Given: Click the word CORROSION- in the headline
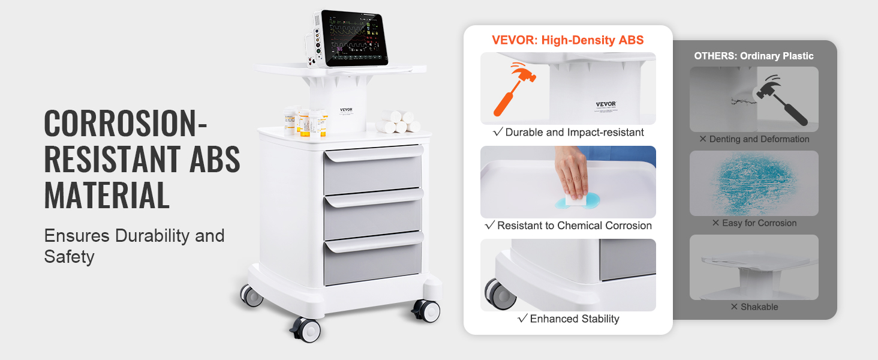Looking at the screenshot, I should (125, 124).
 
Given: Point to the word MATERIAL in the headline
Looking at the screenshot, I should (107, 195).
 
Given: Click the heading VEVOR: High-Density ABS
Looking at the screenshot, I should (567, 40).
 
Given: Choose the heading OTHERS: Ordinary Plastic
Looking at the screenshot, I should (754, 56).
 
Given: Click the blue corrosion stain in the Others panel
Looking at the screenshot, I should (753, 183).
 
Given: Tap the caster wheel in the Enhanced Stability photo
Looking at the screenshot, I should (495, 293).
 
